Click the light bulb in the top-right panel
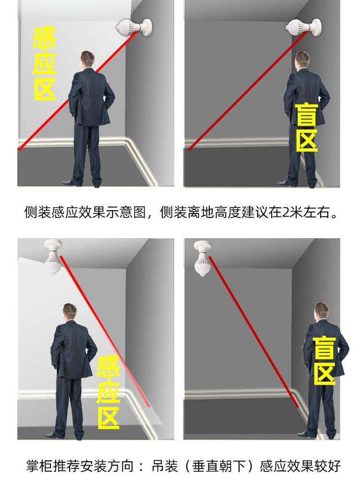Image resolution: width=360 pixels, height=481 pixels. [299, 27]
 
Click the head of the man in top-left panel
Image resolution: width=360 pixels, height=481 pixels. [87, 60]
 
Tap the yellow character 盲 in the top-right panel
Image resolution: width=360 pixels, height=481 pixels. [306, 114]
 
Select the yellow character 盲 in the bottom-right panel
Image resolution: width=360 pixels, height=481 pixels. [324, 348]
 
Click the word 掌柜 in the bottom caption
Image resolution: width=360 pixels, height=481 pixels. [37, 466]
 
